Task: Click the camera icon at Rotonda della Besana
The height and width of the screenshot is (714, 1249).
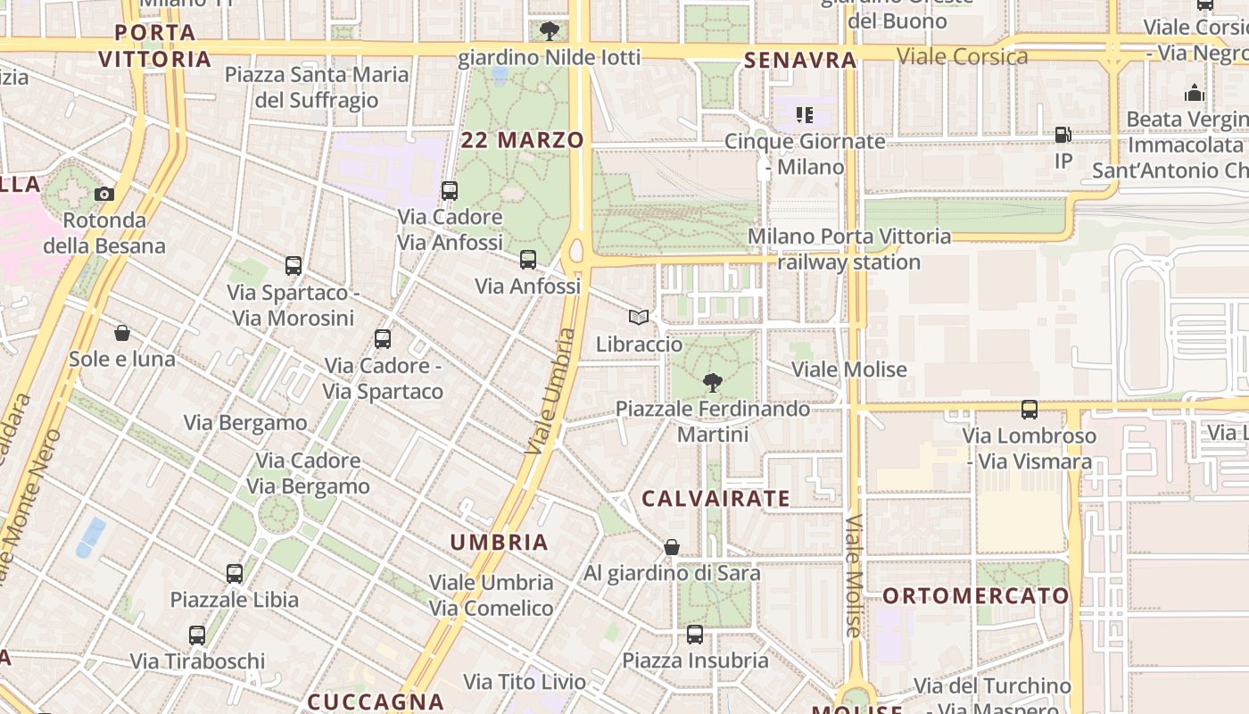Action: click(104, 194)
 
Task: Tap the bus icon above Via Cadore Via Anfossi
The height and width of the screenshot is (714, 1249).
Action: click(450, 190)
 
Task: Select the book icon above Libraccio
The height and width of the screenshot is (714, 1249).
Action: click(638, 317)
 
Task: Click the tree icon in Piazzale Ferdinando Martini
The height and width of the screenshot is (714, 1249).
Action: click(712, 383)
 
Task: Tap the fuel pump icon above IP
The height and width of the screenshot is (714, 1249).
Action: click(1063, 135)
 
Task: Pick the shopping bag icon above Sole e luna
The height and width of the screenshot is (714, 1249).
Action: click(122, 333)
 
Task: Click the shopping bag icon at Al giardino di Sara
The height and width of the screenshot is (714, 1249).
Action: click(672, 547)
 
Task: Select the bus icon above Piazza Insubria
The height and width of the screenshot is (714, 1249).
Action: click(695, 635)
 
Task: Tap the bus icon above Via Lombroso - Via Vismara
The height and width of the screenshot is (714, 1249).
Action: click(1030, 410)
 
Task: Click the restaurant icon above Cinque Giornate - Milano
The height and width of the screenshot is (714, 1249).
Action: click(805, 114)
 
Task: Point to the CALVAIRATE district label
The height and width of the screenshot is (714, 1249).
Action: click(715, 499)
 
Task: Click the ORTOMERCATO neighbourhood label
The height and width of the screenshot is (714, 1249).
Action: click(975, 595)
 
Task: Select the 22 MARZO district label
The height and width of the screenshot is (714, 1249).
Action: click(523, 140)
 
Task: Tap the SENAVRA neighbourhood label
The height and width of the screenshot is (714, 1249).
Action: click(799, 61)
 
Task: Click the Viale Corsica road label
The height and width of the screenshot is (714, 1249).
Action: click(962, 57)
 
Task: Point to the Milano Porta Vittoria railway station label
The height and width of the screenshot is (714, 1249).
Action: click(849, 249)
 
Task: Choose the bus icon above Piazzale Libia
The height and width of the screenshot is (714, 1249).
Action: click(235, 573)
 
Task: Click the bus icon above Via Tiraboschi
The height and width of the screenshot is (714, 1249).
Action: click(197, 635)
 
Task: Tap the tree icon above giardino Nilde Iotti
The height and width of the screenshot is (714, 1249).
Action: click(550, 31)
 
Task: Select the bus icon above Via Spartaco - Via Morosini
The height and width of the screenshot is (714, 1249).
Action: click(294, 265)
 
